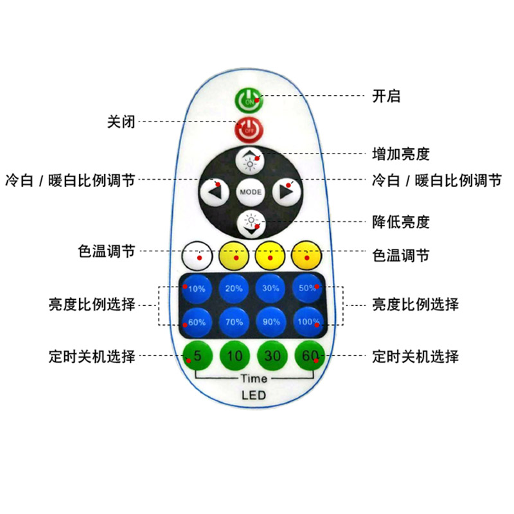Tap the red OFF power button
tap(249, 130)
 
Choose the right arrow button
tap(287, 191)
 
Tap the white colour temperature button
tap(197, 257)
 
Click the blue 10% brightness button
tap(195, 288)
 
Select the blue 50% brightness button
tap(306, 288)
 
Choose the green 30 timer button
tap(270, 355)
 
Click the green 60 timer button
tap(307, 355)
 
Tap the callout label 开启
tap(386, 96)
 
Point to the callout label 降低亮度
tap(401, 222)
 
